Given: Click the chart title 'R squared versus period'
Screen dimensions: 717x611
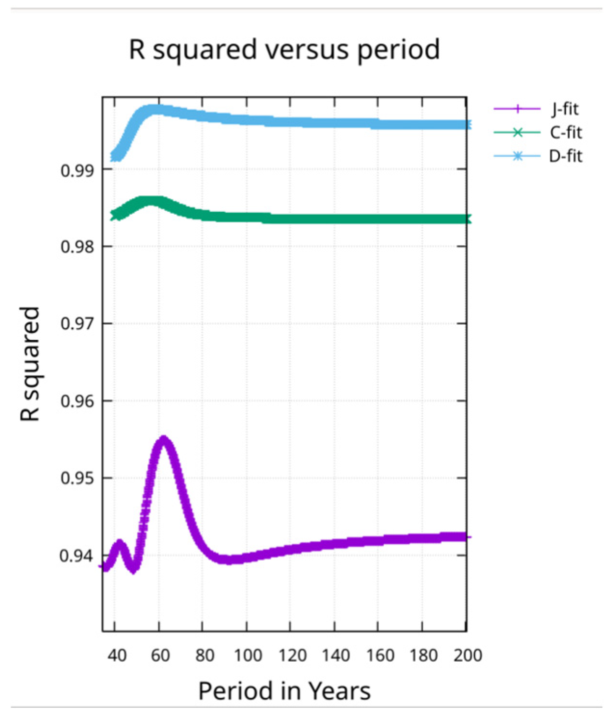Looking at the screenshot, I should (284, 50).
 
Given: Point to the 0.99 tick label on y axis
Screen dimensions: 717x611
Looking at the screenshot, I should (77, 170).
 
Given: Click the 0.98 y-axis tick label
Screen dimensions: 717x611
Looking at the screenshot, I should (77, 247).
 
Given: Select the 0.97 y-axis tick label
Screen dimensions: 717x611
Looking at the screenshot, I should (77, 324).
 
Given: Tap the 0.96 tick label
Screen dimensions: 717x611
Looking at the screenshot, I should (77, 401).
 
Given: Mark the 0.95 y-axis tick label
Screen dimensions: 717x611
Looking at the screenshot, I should (77, 479).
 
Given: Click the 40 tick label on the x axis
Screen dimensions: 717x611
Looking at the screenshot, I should (117, 655).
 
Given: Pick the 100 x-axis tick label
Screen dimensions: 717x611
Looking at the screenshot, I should (247, 655).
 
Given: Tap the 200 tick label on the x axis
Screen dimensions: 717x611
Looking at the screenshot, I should (468, 655).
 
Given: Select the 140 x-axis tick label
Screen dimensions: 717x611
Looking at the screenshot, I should (336, 655).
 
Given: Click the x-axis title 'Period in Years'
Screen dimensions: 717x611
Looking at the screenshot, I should (284, 691).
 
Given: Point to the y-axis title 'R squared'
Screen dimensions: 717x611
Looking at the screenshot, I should (30, 364).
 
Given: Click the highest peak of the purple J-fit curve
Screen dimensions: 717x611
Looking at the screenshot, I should (164, 439).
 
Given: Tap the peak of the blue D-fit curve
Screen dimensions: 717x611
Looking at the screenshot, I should (154, 109).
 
